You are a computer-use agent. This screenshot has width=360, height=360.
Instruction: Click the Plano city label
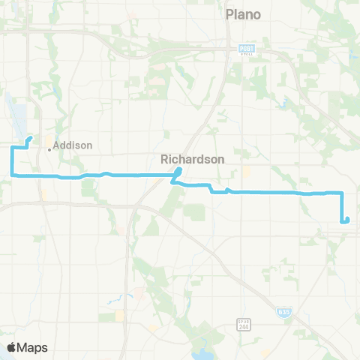pyautogui.click(x=243, y=14)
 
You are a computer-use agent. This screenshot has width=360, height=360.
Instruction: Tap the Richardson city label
pyautogui.click(x=187, y=159)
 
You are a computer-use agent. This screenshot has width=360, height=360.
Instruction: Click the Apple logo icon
pyautogui.click(x=12, y=347)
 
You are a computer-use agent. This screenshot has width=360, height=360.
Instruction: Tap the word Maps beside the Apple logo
pyautogui.click(x=34, y=347)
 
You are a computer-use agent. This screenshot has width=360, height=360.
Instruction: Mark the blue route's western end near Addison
pyautogui.click(x=28, y=139)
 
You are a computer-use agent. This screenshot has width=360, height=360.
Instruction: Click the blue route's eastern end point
pyautogui.click(x=346, y=220)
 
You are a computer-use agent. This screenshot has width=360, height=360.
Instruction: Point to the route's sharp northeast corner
pyautogui.click(x=342, y=193)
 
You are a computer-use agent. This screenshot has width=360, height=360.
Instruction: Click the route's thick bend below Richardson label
pyautogui.click(x=178, y=174)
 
